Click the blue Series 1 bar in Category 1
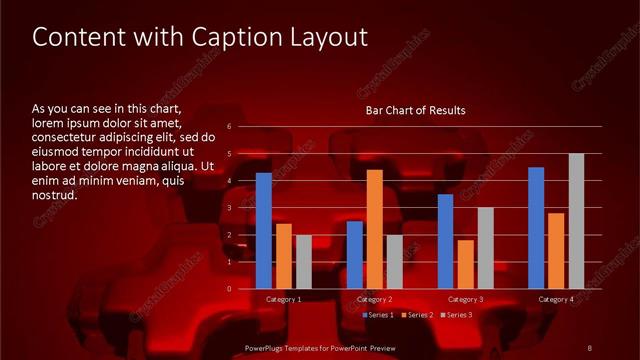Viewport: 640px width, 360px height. [x=263, y=231]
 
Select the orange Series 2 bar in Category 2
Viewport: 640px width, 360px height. [x=374, y=229]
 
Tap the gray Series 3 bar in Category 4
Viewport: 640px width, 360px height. [x=576, y=221]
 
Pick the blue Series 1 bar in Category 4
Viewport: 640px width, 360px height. [x=536, y=228]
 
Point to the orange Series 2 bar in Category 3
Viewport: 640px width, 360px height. [x=465, y=264]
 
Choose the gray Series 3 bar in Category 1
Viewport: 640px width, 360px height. [x=303, y=262]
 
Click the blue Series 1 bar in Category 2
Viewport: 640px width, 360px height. [x=355, y=255]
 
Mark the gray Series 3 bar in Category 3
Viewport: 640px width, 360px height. [x=485, y=248]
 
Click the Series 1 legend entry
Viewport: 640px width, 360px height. [x=379, y=315]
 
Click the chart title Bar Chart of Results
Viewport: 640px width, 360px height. [x=416, y=109]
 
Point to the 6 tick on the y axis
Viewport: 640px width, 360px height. [x=230, y=127]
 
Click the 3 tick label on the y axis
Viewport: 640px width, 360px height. [x=230, y=208]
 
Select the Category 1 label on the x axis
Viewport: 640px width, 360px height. [x=283, y=299]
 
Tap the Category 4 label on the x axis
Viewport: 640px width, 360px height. [x=556, y=299]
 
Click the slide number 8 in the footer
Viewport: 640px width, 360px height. [x=590, y=347]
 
